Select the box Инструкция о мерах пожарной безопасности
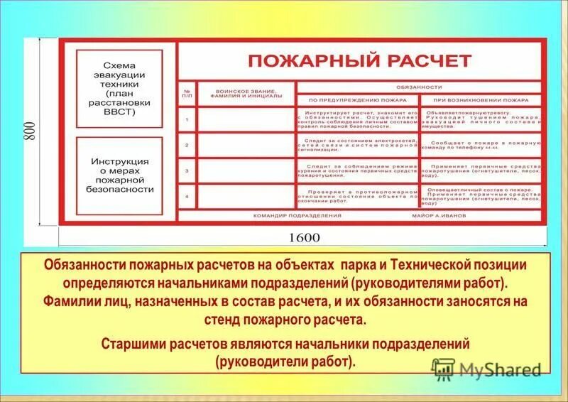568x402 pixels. point(119,175)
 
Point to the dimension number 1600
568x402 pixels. point(303,237)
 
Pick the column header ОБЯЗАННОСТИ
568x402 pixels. point(420,87)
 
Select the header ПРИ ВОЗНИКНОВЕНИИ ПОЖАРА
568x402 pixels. point(481,101)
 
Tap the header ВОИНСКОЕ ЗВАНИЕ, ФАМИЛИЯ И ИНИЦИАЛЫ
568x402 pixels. point(246,94)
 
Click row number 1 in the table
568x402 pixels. point(187,119)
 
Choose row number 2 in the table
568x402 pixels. point(187,145)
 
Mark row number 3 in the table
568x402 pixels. point(187,170)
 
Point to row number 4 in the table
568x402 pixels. point(187,196)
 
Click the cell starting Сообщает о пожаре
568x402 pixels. point(481,146)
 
